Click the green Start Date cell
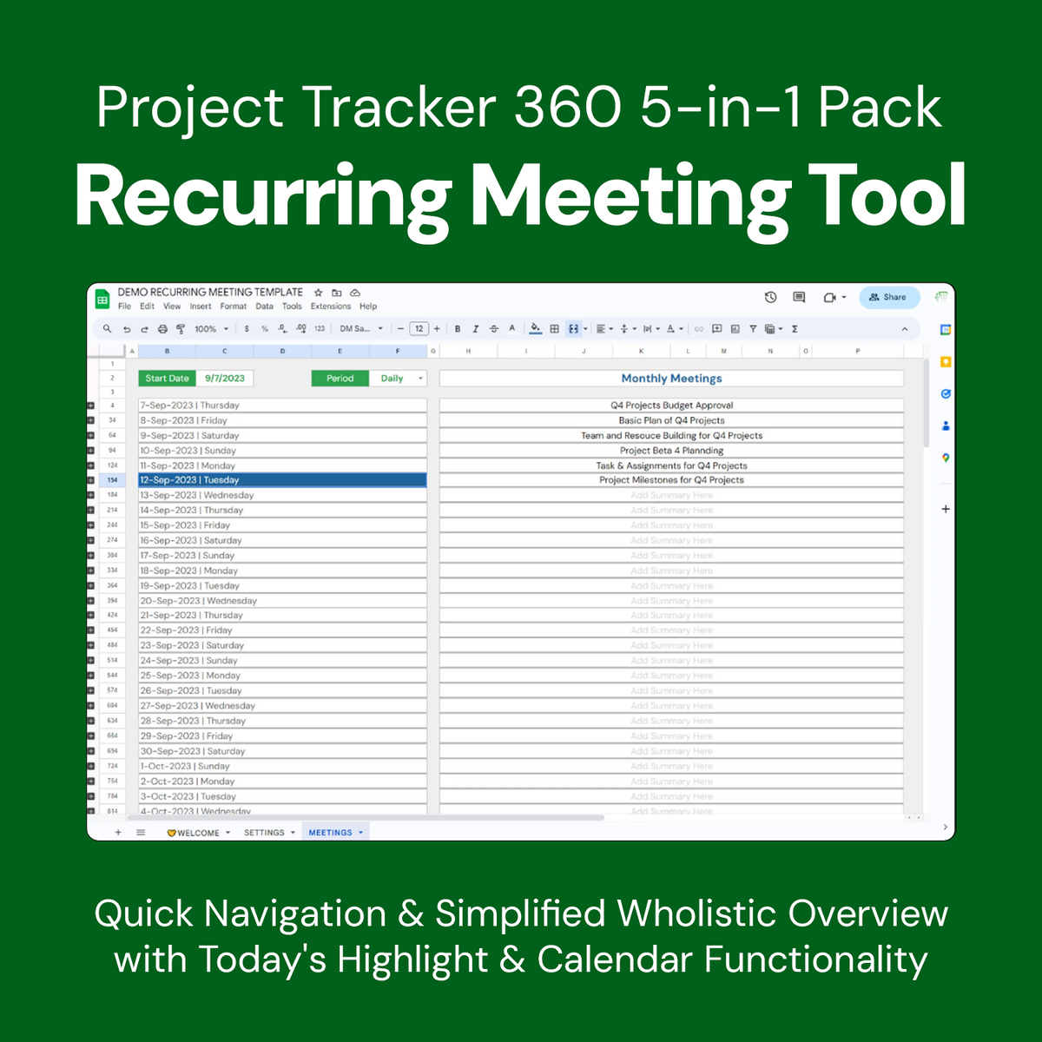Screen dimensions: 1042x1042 167,379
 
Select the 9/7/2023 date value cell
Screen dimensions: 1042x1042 225,379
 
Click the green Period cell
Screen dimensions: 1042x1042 340,379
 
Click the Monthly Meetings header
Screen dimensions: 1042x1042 671,379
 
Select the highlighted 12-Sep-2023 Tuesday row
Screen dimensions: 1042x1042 282,480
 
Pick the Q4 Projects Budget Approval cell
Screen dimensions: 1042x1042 671,406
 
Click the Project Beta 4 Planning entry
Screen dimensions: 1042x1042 671,451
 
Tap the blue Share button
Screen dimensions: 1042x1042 888,297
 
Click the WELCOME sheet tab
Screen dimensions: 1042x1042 197,833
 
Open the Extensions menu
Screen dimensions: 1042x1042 331,307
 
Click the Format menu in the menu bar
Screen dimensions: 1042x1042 233,307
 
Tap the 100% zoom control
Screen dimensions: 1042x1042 206,329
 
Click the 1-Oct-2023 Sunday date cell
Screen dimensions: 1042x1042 282,767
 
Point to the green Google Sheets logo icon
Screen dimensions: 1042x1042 102,300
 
